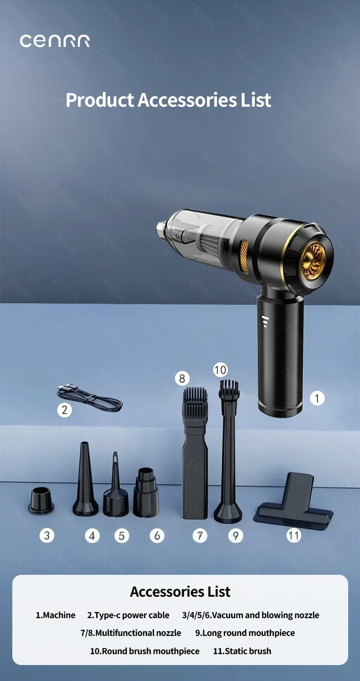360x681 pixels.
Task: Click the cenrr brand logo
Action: tap(55, 41)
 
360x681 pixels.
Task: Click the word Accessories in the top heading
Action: tap(187, 100)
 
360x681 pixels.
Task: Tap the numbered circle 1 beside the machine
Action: tap(317, 398)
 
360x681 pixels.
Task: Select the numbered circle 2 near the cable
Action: tap(64, 410)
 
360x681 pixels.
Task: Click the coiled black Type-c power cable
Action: tap(90, 398)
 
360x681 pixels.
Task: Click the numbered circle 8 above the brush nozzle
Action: tap(182, 378)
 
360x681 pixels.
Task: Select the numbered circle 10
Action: tap(220, 370)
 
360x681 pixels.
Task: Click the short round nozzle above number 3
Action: tap(41, 500)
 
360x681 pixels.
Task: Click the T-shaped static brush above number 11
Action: tap(293, 501)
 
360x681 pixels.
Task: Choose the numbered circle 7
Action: tap(200, 536)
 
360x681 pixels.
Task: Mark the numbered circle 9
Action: tap(236, 536)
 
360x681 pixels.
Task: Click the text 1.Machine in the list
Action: tap(55, 615)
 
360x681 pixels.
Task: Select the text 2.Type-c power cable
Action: tap(128, 615)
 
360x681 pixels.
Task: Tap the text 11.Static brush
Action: tap(242, 651)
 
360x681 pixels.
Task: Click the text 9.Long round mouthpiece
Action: tap(245, 633)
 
